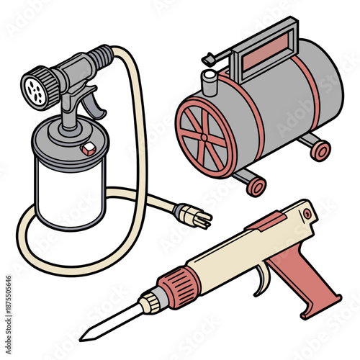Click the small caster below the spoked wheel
click(256, 186)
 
